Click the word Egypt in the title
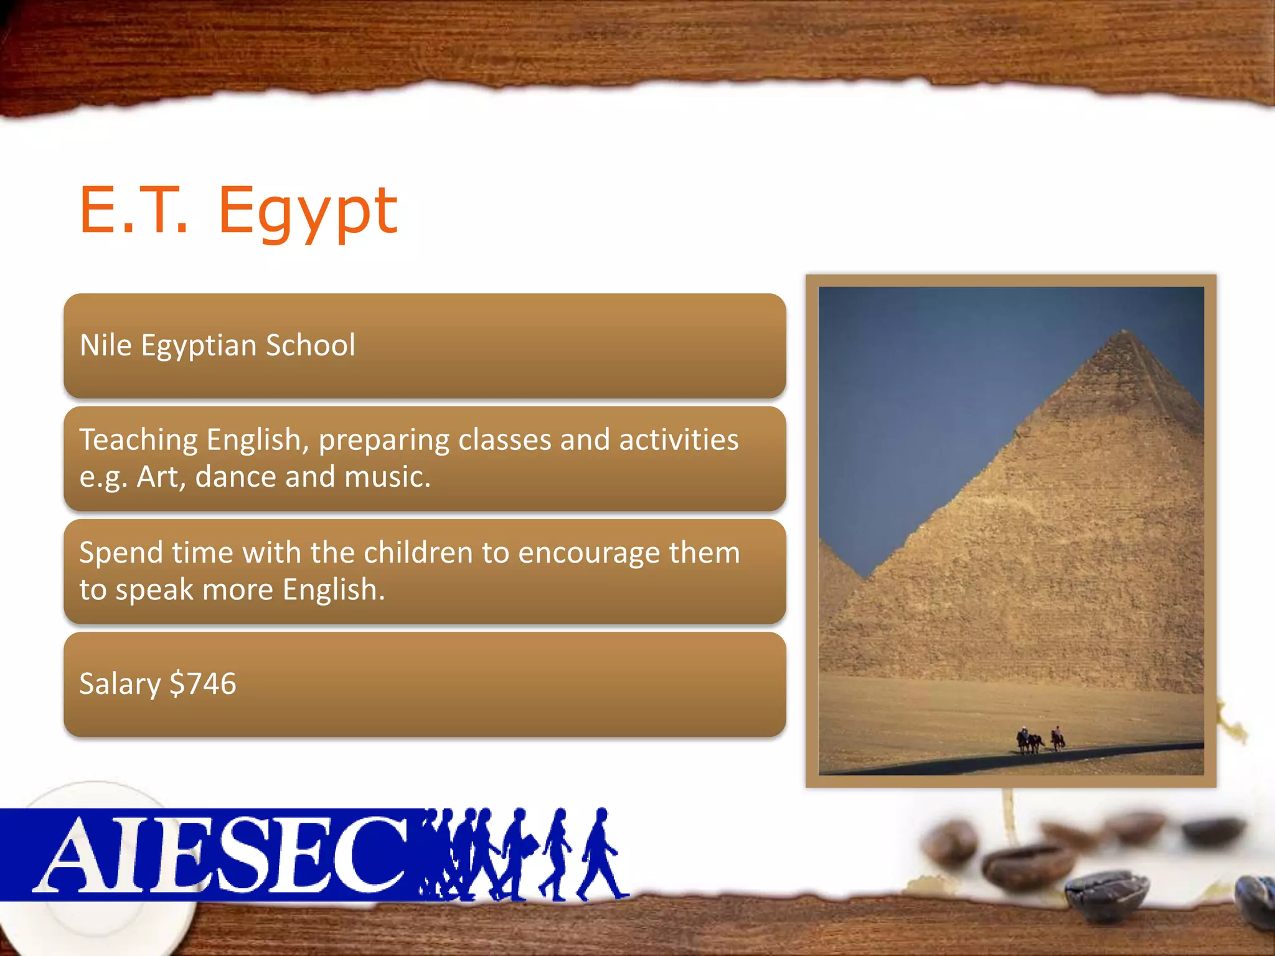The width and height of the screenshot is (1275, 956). pos(308,213)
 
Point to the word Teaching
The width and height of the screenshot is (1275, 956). pos(138,441)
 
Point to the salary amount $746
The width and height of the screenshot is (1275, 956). pos(203,683)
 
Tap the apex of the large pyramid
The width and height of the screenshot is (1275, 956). pos(1124,332)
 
